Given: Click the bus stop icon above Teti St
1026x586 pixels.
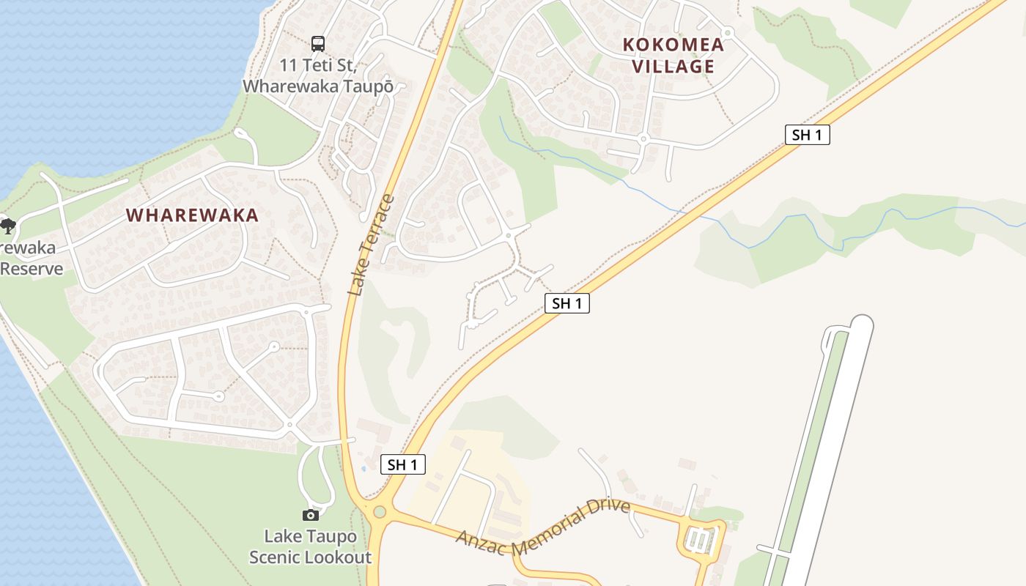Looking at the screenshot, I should click(x=317, y=43).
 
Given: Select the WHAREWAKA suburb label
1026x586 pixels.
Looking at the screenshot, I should click(x=192, y=215).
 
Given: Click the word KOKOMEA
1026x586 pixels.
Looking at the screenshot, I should click(x=673, y=45).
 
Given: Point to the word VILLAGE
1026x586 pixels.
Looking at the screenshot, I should click(x=673, y=67).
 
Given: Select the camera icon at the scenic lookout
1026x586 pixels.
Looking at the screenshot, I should click(x=310, y=516).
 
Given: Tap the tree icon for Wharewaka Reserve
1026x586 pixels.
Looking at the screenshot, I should click(x=7, y=226).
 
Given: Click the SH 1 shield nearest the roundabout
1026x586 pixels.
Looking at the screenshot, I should click(x=402, y=464).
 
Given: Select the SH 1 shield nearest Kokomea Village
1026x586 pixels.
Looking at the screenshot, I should click(x=807, y=135).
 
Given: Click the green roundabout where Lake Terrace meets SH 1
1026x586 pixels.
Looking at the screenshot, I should click(x=379, y=511).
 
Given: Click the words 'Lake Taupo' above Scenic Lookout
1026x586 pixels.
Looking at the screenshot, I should click(x=310, y=536).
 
